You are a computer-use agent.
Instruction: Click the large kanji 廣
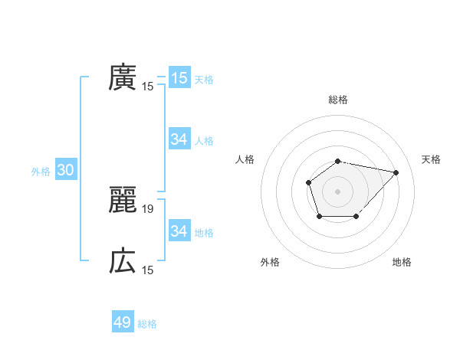point(123,77)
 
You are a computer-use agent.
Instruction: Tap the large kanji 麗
point(123,200)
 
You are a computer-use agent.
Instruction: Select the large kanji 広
point(123,261)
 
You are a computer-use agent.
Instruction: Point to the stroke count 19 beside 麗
point(148,208)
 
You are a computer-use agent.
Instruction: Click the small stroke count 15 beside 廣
point(148,87)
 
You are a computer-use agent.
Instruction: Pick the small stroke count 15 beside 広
point(148,270)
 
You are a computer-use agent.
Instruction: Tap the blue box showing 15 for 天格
point(179,78)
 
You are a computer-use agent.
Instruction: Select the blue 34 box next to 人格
point(179,139)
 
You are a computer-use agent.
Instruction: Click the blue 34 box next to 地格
point(179,231)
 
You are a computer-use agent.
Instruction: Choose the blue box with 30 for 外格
point(65,171)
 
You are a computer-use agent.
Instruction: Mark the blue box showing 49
point(123,322)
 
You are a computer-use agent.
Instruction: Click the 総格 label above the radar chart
point(338,100)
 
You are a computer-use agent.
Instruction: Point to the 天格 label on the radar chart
point(432,159)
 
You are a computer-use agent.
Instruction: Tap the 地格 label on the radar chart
point(402,262)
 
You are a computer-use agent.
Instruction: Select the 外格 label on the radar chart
point(270,262)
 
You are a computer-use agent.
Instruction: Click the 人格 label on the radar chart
point(245,159)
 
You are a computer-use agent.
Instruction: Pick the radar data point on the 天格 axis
point(396,172)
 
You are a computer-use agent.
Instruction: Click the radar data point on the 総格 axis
point(338,161)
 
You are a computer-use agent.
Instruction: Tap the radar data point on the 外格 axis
point(320,217)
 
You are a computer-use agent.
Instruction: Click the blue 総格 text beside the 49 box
point(147,324)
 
